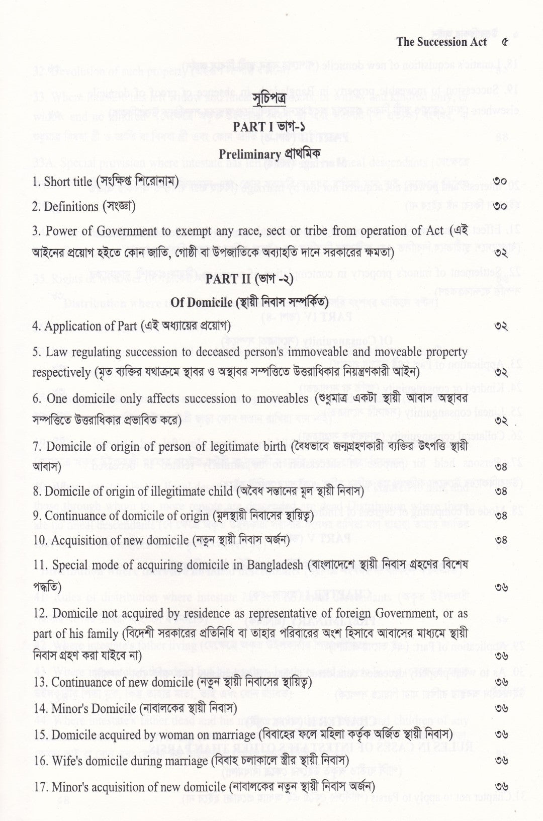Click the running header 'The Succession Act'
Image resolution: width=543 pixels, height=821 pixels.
point(441,42)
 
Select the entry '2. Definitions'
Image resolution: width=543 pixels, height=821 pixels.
point(65,206)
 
